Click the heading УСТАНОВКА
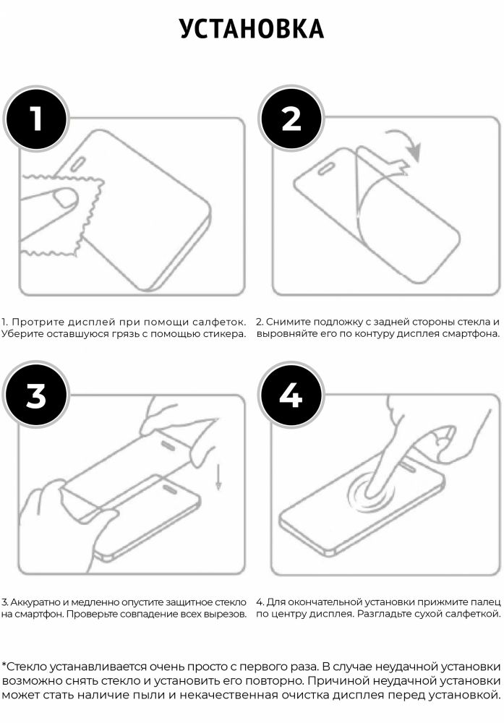pyautogui.click(x=252, y=29)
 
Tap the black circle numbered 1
pyautogui.click(x=36, y=119)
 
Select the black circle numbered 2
pyautogui.click(x=291, y=119)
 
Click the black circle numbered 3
pyautogui.click(x=36, y=395)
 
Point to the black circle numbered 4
pyautogui.click(x=291, y=395)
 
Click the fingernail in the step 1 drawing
pyautogui.click(x=65, y=199)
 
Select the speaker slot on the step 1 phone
pyautogui.click(x=78, y=163)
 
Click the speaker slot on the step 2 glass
pyautogui.click(x=327, y=168)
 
